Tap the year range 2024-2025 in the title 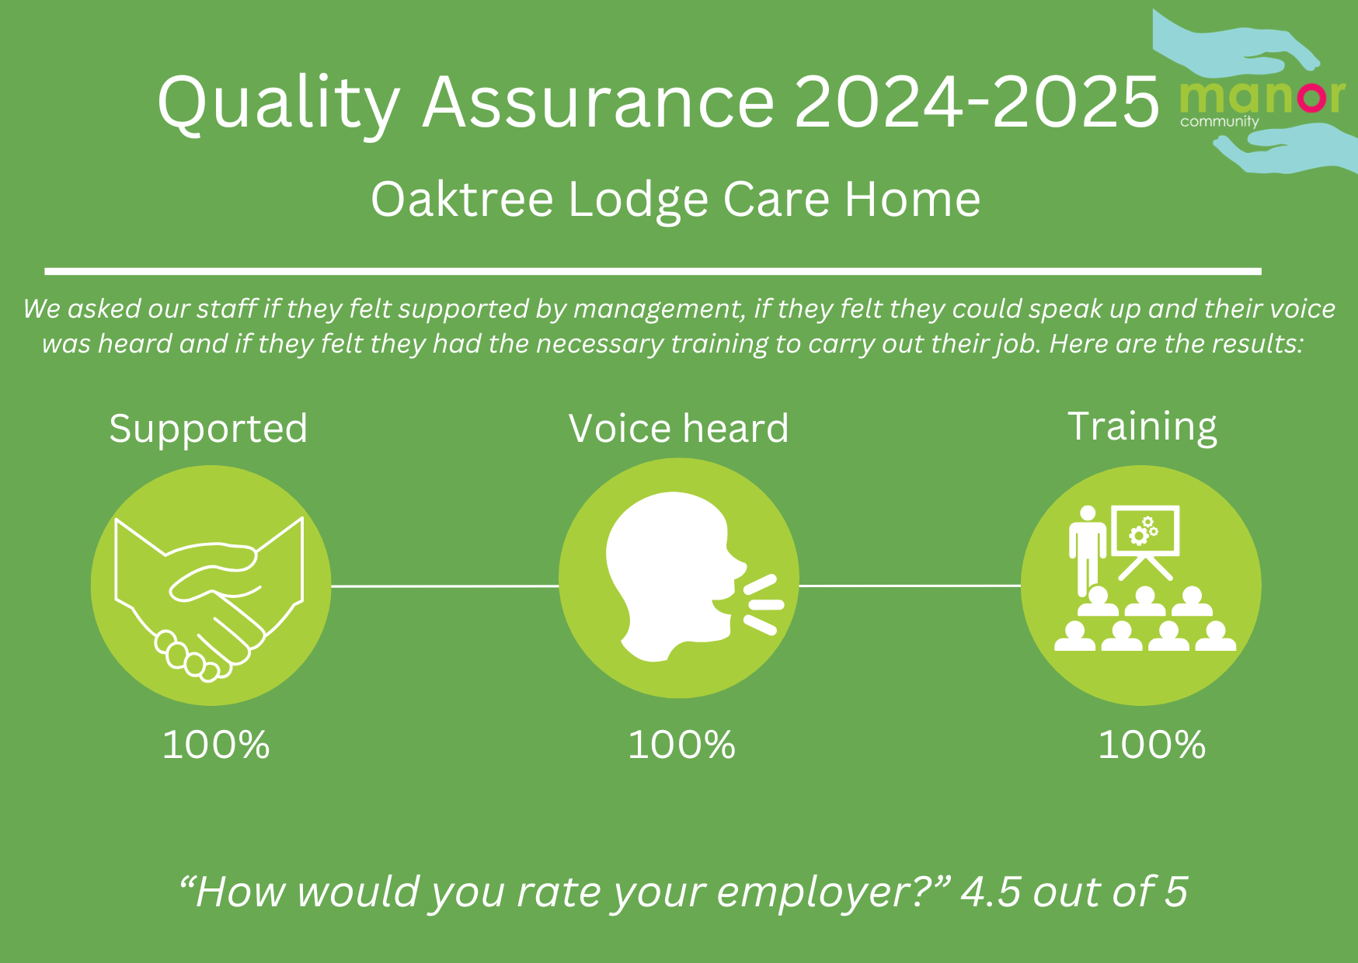click(977, 102)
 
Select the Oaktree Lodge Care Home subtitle click(675, 200)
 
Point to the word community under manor click(1219, 121)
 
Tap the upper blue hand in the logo click(1235, 43)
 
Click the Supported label click(208, 429)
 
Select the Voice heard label click(678, 429)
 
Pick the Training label click(1142, 427)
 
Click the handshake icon click(209, 598)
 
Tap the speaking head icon click(694, 576)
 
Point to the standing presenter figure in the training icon click(1087, 550)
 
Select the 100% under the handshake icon click(216, 745)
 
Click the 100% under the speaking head click(681, 745)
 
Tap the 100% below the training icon click(1151, 745)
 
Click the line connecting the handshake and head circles click(445, 586)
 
